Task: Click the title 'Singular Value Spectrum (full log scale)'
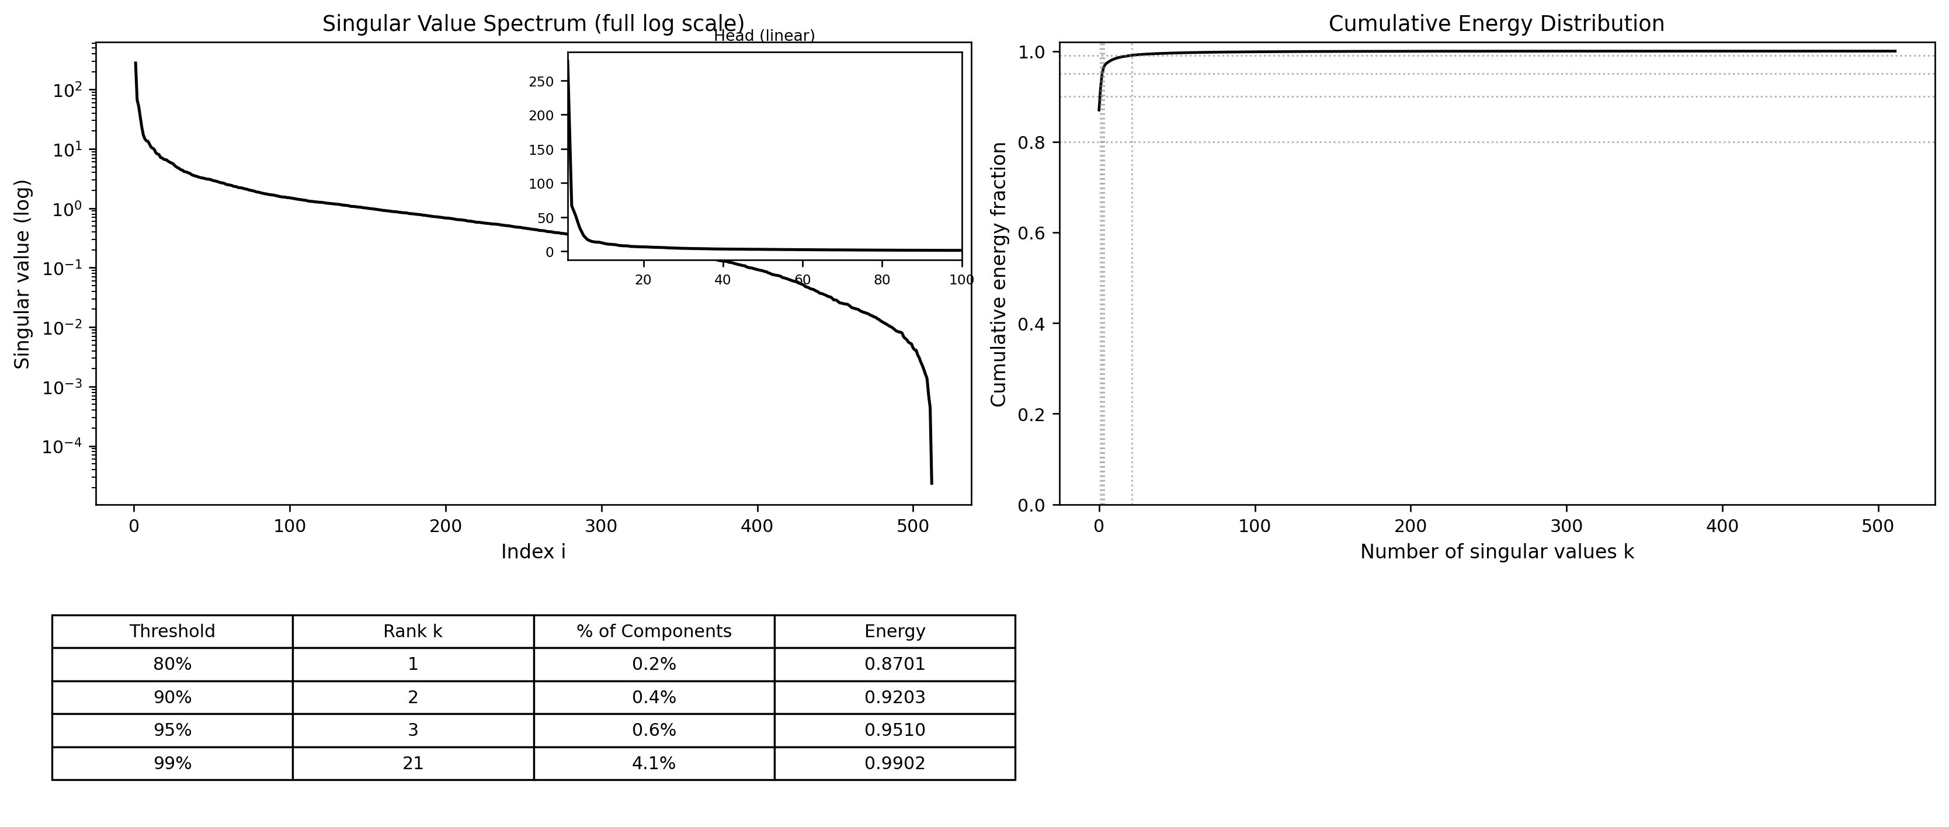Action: [533, 23]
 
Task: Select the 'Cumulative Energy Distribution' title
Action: [1496, 23]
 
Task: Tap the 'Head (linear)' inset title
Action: [764, 36]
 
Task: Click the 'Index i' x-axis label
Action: [533, 551]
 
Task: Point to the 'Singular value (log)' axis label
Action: [23, 274]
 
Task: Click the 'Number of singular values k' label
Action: [1496, 551]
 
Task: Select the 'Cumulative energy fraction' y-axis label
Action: [999, 274]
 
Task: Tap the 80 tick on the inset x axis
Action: [881, 280]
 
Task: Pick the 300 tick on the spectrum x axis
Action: [602, 526]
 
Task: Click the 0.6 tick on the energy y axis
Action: [1033, 233]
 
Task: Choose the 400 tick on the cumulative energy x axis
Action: [1722, 526]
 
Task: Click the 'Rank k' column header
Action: [412, 631]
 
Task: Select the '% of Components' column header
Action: [654, 631]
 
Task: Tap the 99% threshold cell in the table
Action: [172, 763]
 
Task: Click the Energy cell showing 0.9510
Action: [894, 730]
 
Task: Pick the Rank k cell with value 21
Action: [412, 763]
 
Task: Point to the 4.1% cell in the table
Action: [654, 763]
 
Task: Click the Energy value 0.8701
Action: [894, 664]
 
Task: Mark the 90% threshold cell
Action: [172, 697]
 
